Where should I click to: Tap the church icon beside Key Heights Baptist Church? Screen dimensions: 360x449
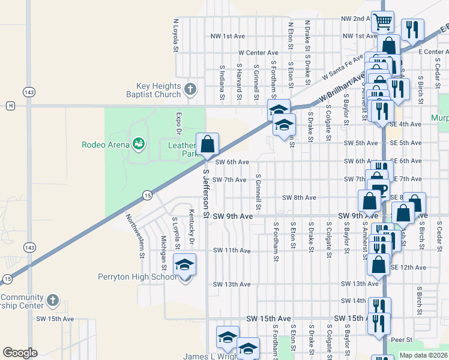click(x=190, y=90)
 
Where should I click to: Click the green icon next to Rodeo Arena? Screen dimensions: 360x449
click(x=139, y=143)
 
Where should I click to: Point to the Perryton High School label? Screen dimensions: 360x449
click(x=137, y=277)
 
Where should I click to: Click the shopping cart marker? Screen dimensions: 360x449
click(x=382, y=22)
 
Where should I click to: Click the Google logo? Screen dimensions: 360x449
click(x=20, y=352)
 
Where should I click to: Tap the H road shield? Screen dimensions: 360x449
click(x=10, y=106)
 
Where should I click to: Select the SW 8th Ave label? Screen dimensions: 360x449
click(x=299, y=197)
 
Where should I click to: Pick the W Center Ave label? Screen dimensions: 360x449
click(x=258, y=53)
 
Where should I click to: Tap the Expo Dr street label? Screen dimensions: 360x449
click(x=178, y=123)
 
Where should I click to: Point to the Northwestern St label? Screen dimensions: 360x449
click(x=134, y=236)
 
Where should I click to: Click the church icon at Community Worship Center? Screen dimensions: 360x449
click(x=52, y=299)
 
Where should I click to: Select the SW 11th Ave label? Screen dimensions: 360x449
click(x=231, y=250)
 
